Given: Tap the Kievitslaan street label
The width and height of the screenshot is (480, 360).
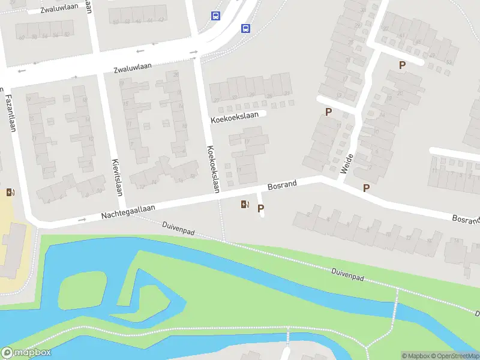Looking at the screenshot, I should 117,177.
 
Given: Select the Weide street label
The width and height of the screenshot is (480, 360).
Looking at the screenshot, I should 346,163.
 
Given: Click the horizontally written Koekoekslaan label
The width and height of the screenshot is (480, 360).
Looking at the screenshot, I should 238,117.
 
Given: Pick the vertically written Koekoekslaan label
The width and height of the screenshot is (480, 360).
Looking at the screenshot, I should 212,169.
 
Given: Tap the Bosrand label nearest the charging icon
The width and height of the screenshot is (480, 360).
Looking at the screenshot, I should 282,186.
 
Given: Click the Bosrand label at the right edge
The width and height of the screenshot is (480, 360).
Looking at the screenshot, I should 466,220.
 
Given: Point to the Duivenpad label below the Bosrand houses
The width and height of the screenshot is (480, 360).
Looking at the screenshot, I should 348,275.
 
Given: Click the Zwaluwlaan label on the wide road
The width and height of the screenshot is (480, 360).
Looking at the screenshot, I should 133,68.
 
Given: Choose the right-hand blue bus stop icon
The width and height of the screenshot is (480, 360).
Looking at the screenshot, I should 245,28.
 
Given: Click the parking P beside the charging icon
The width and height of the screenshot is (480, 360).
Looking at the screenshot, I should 260,209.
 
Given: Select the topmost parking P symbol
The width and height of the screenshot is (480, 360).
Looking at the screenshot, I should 402,65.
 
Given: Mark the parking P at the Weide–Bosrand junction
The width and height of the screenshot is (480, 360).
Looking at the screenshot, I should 366,188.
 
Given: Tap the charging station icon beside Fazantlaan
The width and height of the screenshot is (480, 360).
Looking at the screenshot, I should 10,193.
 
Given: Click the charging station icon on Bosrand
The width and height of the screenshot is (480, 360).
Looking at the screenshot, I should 244,205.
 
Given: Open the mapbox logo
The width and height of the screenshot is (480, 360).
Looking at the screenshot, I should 26,353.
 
